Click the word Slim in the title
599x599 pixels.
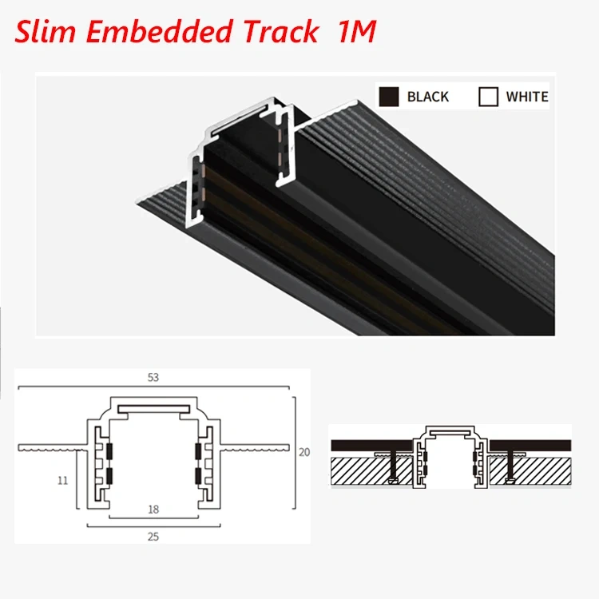point(46,31)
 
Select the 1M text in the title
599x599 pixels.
point(354,31)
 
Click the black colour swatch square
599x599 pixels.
point(388,97)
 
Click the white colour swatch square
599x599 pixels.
point(488,97)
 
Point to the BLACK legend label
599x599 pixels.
point(428,97)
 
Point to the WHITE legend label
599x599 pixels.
point(527,97)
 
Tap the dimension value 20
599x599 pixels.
point(303,452)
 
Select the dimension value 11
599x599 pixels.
point(63,481)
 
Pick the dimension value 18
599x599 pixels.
point(153,508)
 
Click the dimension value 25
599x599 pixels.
point(153,536)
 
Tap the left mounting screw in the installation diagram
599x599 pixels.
point(393,468)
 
